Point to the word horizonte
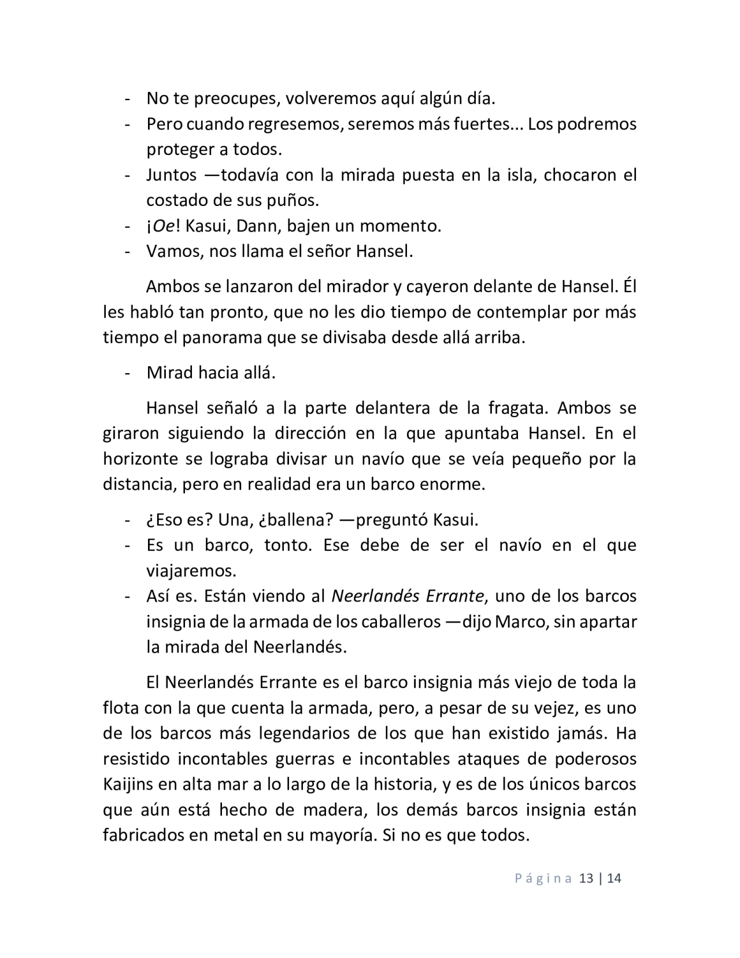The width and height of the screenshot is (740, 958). pyautogui.click(x=140, y=459)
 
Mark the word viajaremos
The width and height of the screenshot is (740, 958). pyautogui.click(x=191, y=571)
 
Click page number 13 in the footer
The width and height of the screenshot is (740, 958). pyautogui.click(x=586, y=878)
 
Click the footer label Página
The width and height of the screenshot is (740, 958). pyautogui.click(x=543, y=879)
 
